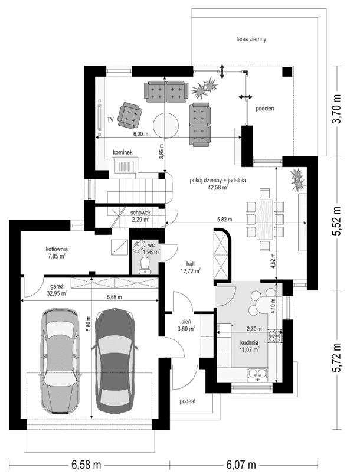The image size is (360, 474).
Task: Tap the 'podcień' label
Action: tap(265, 109)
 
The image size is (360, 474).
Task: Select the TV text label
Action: tap(110, 119)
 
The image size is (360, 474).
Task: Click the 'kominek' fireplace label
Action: tap(128, 152)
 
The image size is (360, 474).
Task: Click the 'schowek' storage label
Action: tap(142, 212)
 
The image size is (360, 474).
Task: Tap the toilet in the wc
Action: tap(144, 268)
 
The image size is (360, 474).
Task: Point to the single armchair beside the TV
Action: tap(130, 115)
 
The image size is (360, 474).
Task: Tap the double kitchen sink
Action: tap(258, 372)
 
